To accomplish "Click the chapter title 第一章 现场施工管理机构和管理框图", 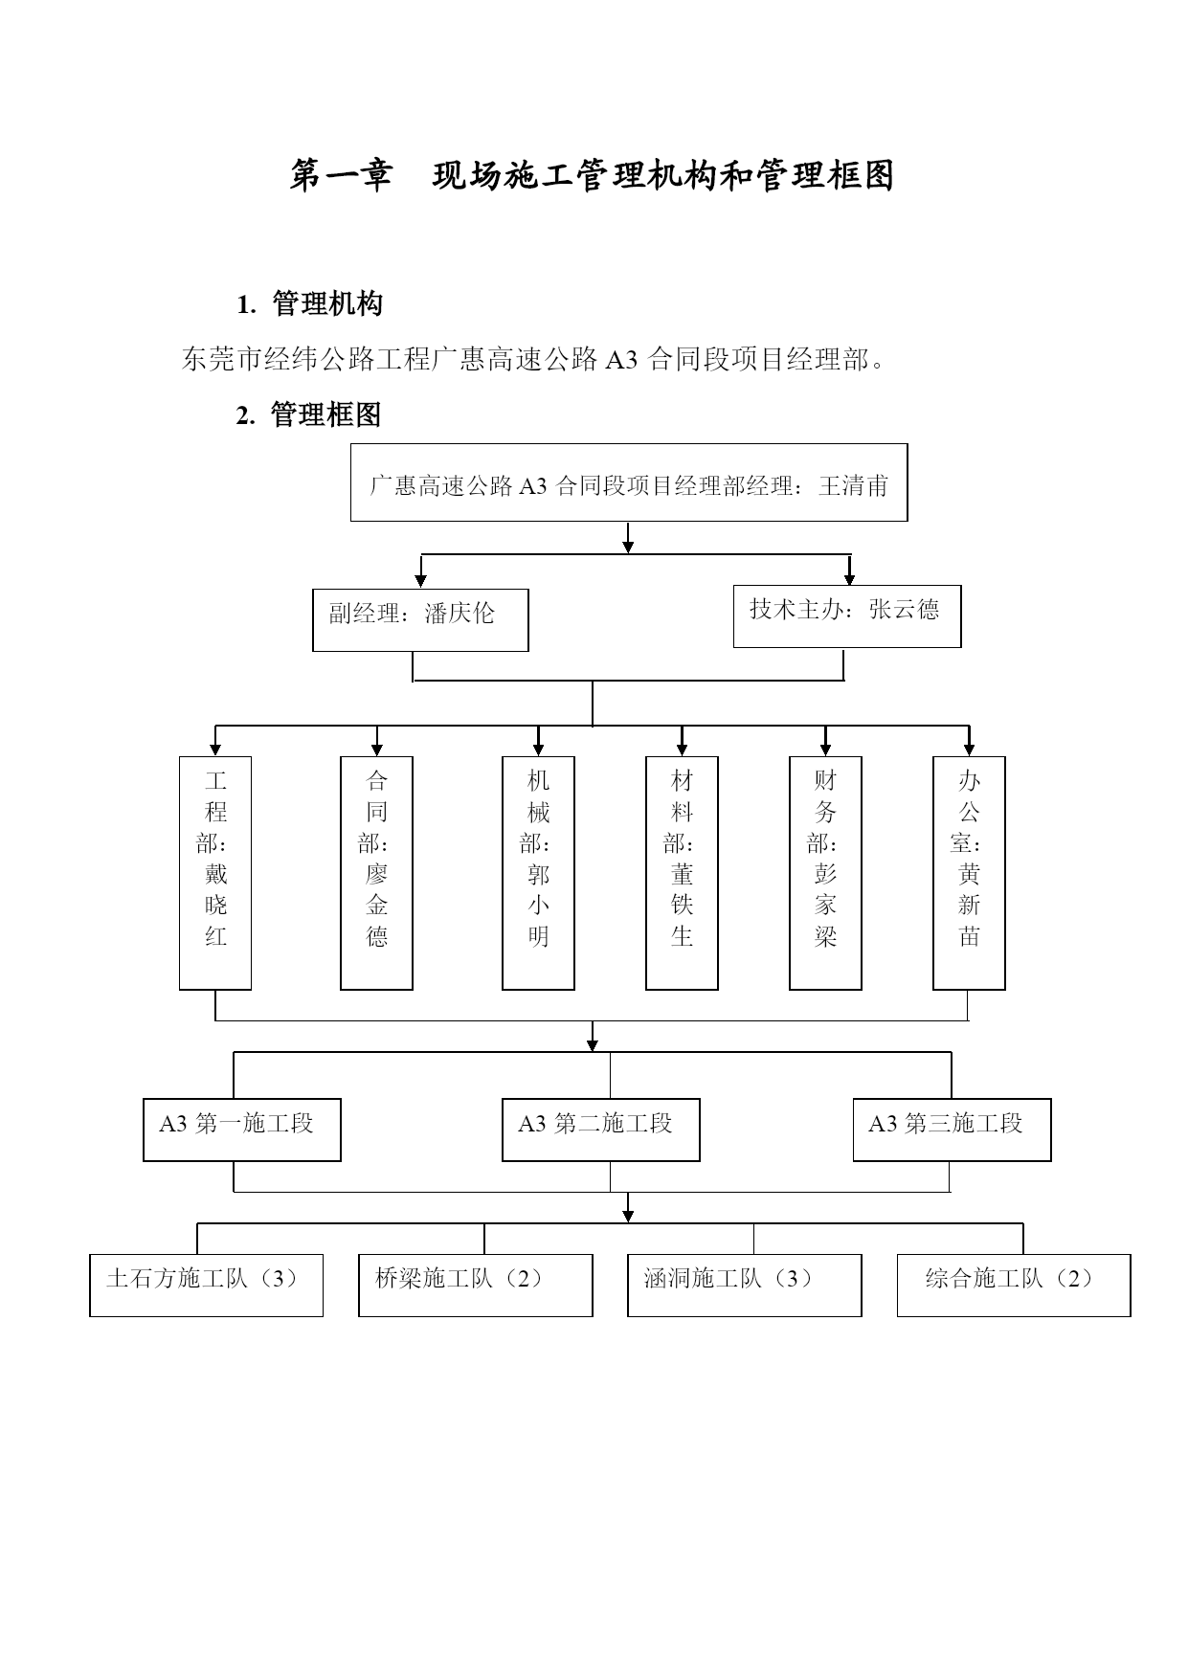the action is coord(592,176).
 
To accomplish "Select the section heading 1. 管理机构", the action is coord(309,304).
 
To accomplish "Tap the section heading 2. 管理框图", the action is coord(309,414).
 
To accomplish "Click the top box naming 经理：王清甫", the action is coord(629,482).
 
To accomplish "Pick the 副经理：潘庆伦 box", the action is coord(420,620).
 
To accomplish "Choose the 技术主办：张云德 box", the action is coord(847,616).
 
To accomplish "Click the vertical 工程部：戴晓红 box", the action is coord(215,873).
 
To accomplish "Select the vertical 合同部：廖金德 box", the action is coord(377,873).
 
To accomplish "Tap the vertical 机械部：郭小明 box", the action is coord(539,873).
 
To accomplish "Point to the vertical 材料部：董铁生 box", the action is coord(683,873).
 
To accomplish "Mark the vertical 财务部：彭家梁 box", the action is coord(826,873).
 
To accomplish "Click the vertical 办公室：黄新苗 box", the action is coord(970,873).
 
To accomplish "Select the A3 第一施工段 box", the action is coord(242,1130).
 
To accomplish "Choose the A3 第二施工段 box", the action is coord(601,1130).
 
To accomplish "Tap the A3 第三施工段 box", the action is coord(953,1130).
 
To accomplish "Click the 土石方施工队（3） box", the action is coord(207,1286).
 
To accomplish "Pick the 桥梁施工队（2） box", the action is coord(476,1286).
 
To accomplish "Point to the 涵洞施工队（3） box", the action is coord(745,1286).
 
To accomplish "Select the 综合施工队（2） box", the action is coord(1014,1286).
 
